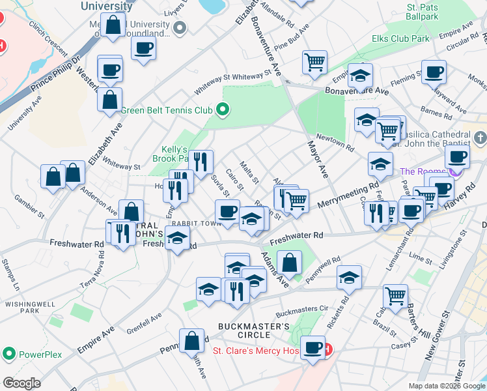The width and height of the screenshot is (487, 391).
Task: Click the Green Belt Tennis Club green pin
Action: (223, 109)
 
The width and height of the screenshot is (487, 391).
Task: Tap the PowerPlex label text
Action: (40, 355)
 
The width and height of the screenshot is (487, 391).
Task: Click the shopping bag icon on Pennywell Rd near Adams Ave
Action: (289, 263)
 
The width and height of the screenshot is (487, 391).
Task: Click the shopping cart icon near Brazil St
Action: (395, 295)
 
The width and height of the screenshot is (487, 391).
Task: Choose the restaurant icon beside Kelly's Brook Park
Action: (201, 160)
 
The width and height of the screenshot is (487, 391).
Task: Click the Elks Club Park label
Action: (400, 39)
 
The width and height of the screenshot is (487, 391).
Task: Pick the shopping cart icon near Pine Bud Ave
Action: (314, 62)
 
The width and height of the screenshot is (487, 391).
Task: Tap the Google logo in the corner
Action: (22, 383)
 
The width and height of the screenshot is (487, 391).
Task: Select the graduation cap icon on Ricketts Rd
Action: (349, 277)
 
